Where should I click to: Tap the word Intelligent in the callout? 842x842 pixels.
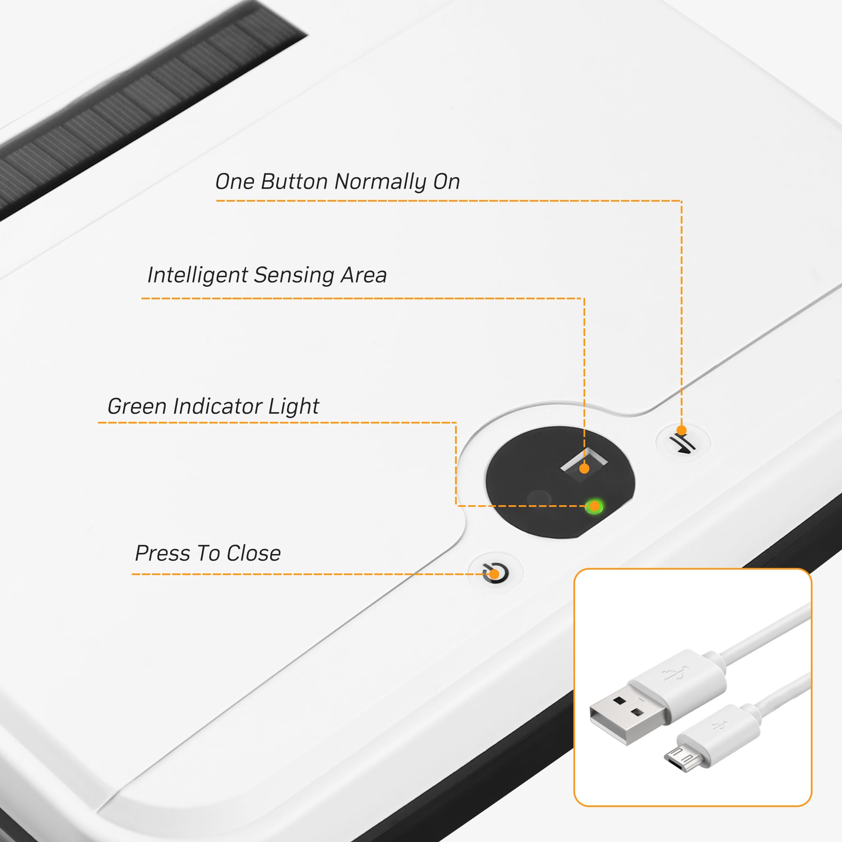198,275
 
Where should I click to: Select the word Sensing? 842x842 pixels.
294,275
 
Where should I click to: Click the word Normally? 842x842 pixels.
381,182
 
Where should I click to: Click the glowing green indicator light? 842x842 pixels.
594,506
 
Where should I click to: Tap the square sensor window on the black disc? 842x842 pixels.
584,465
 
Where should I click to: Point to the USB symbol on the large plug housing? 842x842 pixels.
676,674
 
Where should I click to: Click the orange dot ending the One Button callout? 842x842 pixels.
682,431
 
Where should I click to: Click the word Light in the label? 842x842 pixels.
294,406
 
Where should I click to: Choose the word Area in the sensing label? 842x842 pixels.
364,274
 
